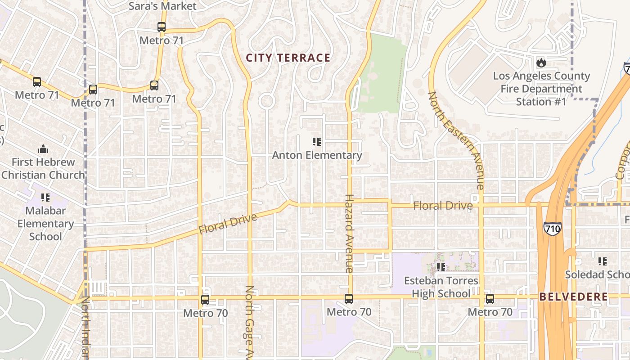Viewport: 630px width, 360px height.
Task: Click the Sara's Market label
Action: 162,6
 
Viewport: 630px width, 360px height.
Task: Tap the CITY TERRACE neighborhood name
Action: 288,58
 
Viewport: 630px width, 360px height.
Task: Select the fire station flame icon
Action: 541,63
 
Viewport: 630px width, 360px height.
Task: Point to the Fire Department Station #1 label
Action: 541,89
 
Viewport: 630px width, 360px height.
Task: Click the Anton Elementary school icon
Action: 317,142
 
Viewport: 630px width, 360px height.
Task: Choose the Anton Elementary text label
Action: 317,155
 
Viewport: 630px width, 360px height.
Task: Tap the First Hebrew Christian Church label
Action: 43,168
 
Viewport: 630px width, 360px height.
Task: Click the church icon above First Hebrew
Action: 43,148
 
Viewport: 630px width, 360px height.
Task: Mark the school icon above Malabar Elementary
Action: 45,197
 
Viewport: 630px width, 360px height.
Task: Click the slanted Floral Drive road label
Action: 228,224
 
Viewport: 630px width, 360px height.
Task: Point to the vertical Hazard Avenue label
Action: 349,233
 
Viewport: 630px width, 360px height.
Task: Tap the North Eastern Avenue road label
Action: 455,139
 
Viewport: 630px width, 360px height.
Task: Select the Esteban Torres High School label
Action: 441,287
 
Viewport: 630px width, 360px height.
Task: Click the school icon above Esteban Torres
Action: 441,267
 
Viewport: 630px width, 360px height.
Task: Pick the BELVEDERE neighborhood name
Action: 573,297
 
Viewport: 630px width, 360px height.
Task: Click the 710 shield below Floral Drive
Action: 552,228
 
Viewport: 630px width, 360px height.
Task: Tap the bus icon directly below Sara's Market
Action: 162,27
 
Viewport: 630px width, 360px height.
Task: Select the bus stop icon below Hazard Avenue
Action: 349,299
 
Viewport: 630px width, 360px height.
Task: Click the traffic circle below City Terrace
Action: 267,100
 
